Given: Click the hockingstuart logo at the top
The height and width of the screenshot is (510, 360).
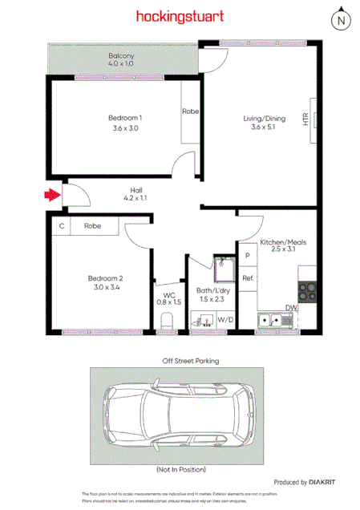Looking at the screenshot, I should (x=180, y=16).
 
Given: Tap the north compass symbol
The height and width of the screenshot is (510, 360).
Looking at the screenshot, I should (x=342, y=20).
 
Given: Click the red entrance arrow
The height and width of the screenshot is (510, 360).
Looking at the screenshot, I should (x=52, y=194).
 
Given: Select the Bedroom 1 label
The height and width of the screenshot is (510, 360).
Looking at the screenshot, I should (x=124, y=118).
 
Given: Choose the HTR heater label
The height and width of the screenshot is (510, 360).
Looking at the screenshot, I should (x=306, y=119).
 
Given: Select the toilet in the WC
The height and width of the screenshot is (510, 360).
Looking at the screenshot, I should (x=167, y=321).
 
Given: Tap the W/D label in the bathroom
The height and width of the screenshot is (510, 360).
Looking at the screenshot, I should (x=225, y=321).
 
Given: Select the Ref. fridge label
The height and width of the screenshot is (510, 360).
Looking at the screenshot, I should (x=248, y=278).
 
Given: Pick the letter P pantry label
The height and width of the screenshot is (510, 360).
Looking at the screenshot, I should (x=248, y=256).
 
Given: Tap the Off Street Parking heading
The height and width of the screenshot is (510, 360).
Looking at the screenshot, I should (x=180, y=361).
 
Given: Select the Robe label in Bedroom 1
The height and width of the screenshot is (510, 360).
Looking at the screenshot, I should (x=190, y=111).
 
